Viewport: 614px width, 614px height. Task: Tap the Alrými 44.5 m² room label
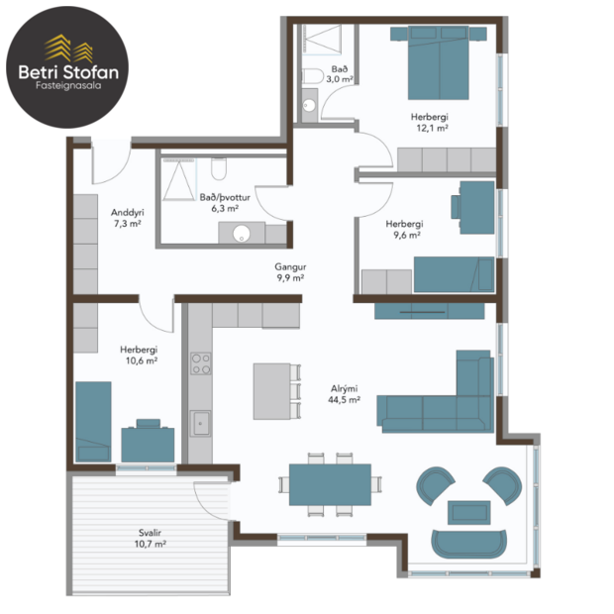tap(344, 394)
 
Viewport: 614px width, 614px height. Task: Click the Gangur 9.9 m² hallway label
tap(289, 272)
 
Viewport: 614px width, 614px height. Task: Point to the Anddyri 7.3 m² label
tap(126, 218)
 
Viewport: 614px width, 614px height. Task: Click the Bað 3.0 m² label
tap(340, 72)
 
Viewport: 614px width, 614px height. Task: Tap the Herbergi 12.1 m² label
tap(430, 122)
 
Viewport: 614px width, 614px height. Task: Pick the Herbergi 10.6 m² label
tap(139, 355)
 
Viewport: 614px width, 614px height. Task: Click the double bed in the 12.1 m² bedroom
tap(441, 58)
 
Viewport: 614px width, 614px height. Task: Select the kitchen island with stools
tap(271, 390)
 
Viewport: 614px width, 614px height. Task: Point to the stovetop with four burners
tap(200, 362)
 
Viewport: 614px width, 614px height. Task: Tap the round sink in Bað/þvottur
tap(241, 234)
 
